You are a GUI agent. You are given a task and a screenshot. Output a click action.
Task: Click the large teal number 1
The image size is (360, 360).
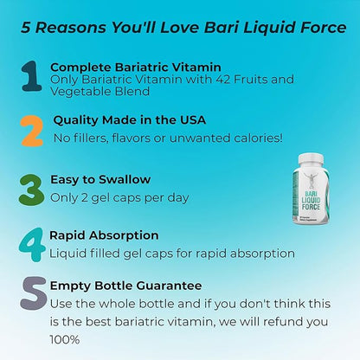pyautogui.click(x=31, y=76)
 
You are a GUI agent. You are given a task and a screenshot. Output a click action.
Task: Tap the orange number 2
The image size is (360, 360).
pyautogui.click(x=31, y=130)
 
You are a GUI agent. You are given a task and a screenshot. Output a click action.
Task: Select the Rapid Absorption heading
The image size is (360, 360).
pyautogui.click(x=104, y=235)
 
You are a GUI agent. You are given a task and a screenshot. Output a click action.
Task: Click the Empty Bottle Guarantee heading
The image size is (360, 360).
pyautogui.click(x=125, y=285)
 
